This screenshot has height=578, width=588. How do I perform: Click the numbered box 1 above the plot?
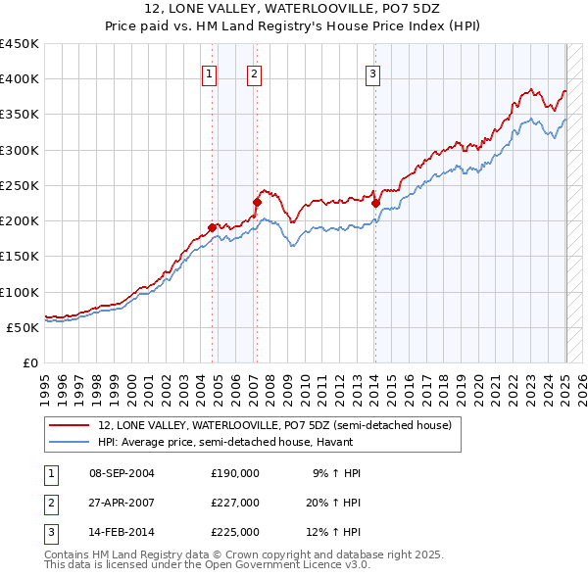pos(210,72)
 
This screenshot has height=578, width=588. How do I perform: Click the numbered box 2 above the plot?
pos(254,72)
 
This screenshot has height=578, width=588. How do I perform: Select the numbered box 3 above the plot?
pos(373,72)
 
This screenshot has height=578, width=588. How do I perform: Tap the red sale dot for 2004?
pos(213,227)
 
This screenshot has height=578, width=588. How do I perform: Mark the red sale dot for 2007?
pos(257,203)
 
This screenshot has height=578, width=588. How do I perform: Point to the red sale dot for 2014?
pos(375,203)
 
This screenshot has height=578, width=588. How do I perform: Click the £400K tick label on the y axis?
pos(20,79)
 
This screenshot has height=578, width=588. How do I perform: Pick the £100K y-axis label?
pos(20,292)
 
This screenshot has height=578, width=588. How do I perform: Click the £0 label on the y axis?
pos(29,362)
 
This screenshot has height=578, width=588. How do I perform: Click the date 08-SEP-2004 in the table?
pos(122,473)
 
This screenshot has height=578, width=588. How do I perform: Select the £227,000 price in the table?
pos(235,503)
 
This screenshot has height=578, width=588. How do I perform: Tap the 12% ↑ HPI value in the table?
pos(336,532)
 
